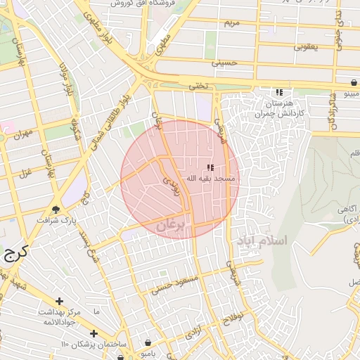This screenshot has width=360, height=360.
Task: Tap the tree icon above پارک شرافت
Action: click(x=56, y=209)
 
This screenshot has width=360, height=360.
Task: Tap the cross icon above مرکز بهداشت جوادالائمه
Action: click(x=59, y=301)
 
